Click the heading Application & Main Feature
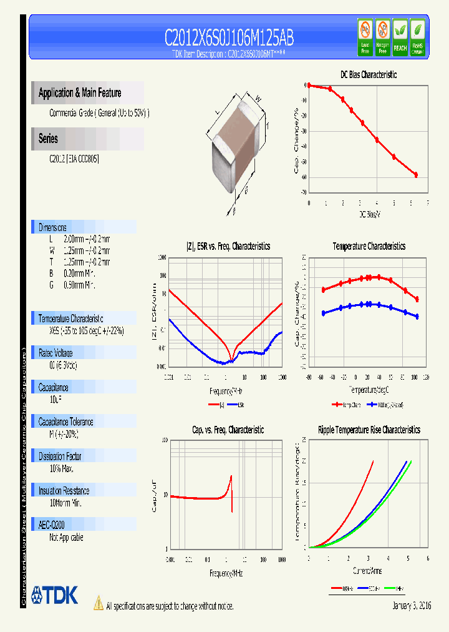(80, 93)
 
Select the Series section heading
(49, 139)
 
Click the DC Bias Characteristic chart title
(368, 74)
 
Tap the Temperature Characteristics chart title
(369, 247)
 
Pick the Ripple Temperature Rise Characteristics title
(369, 430)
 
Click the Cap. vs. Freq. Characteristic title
(228, 430)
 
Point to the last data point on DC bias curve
(416, 175)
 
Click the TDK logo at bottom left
(54, 595)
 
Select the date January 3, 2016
(412, 606)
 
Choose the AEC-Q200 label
(52, 526)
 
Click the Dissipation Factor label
(60, 457)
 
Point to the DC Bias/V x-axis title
(369, 214)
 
